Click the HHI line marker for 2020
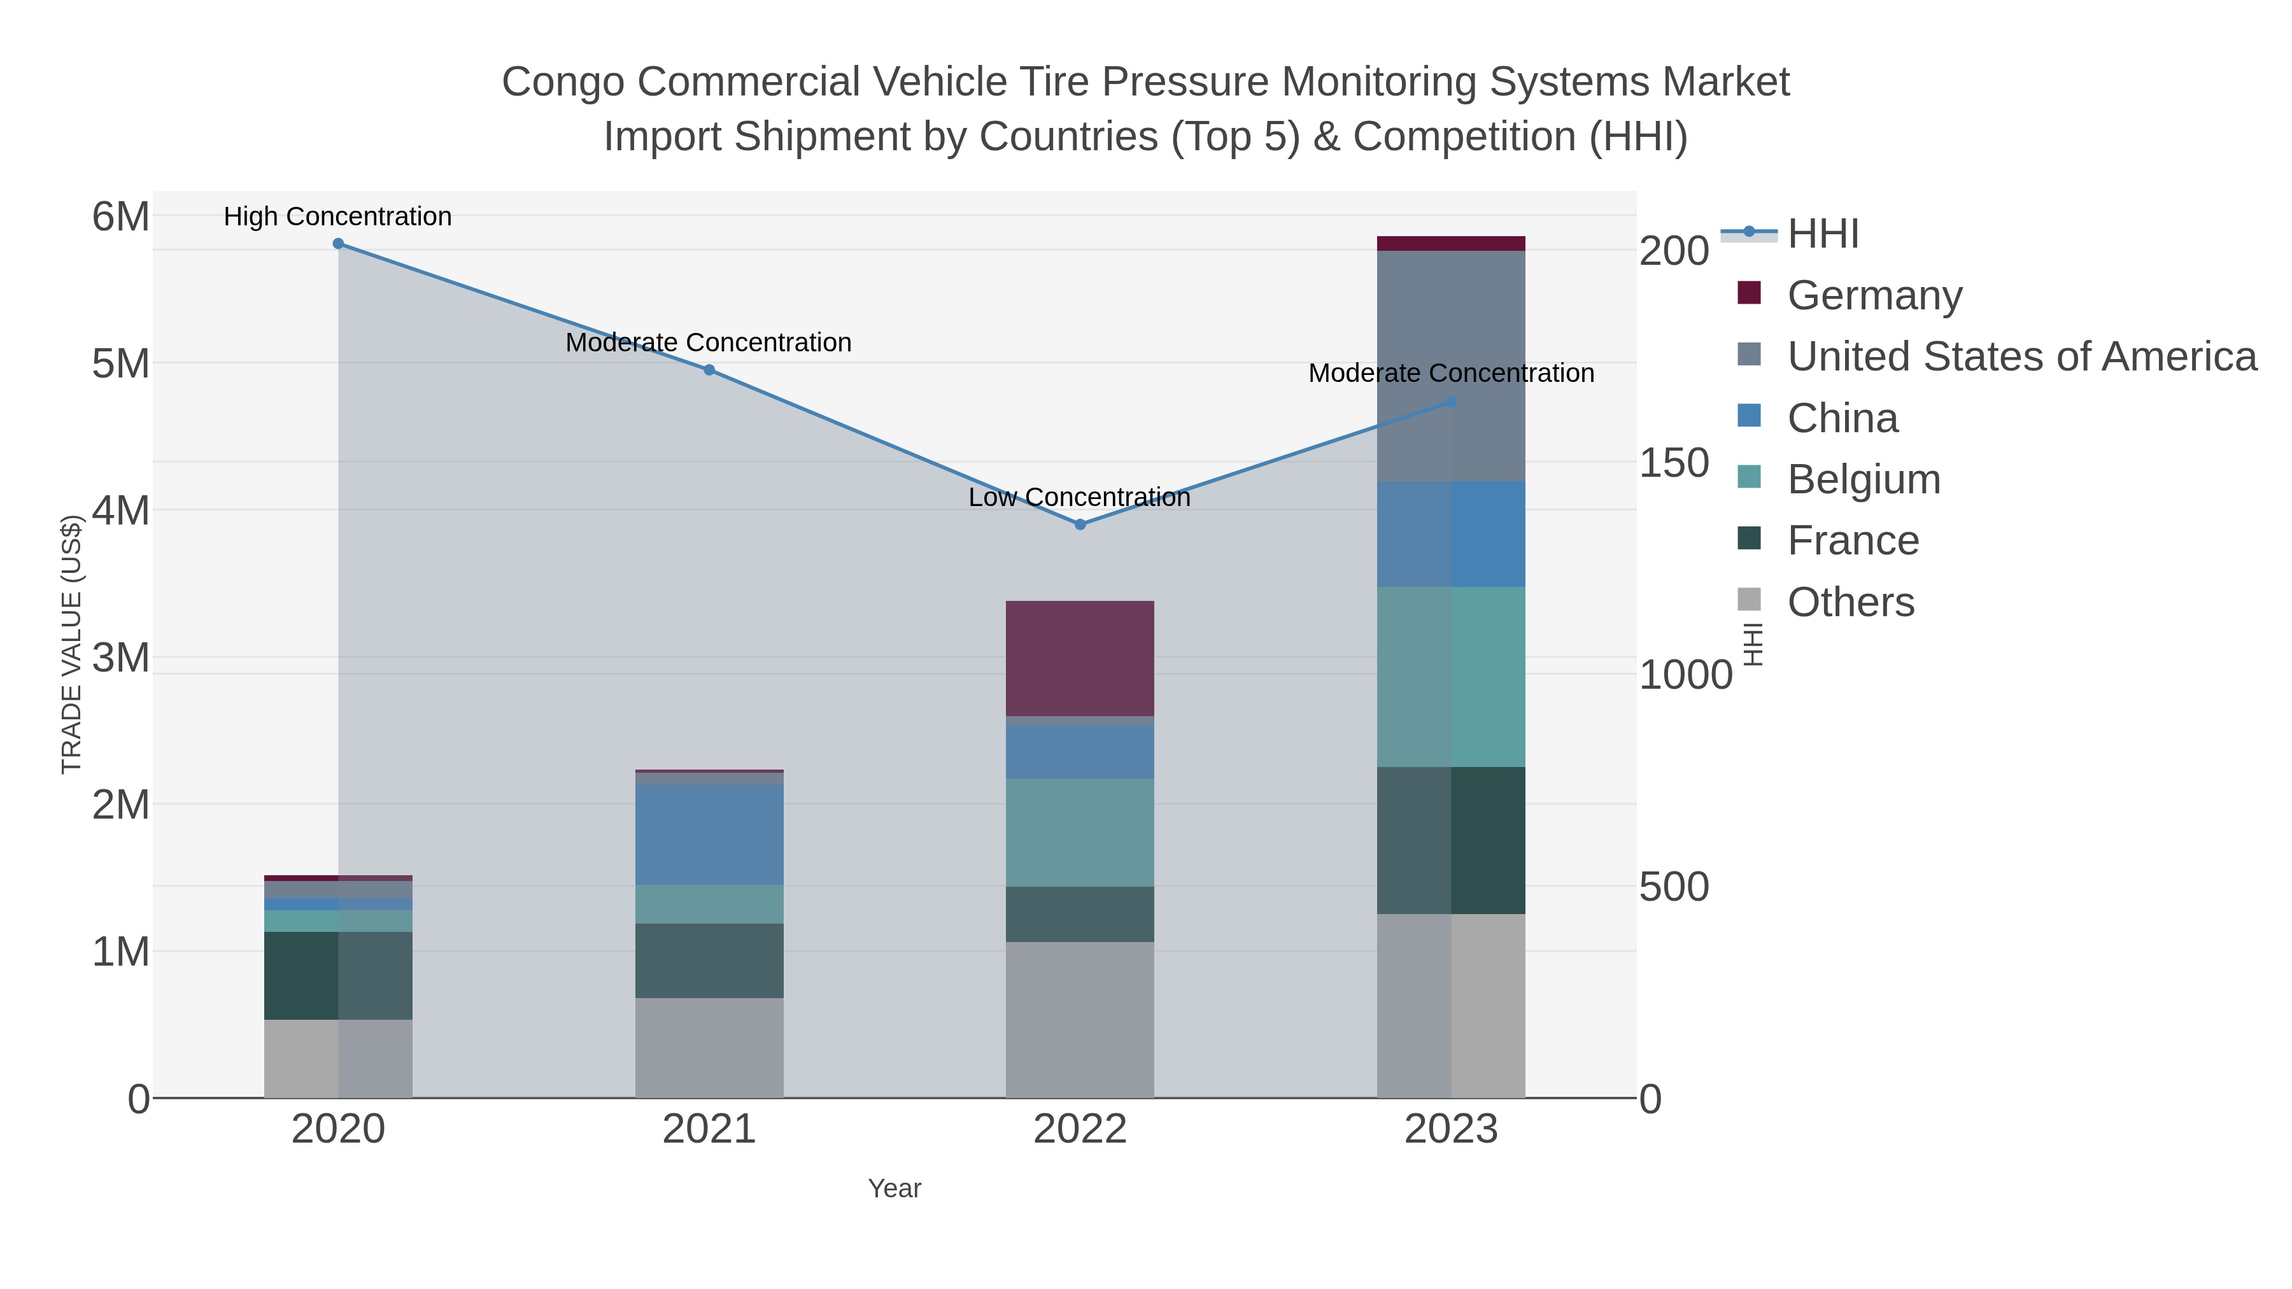(x=338, y=244)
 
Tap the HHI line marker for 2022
(x=1080, y=525)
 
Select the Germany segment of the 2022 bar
(x=1080, y=658)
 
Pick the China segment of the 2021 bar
(x=709, y=835)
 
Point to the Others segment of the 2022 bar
(x=1080, y=1020)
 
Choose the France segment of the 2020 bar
(x=338, y=976)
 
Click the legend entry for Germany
(x=1874, y=295)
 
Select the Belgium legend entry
(x=1863, y=479)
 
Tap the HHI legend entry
(x=1822, y=234)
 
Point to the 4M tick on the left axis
(x=121, y=511)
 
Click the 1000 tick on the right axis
(x=1685, y=675)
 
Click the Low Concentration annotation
(x=1079, y=497)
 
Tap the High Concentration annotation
(x=338, y=217)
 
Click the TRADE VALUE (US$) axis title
(x=72, y=644)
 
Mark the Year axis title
(x=895, y=1188)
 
